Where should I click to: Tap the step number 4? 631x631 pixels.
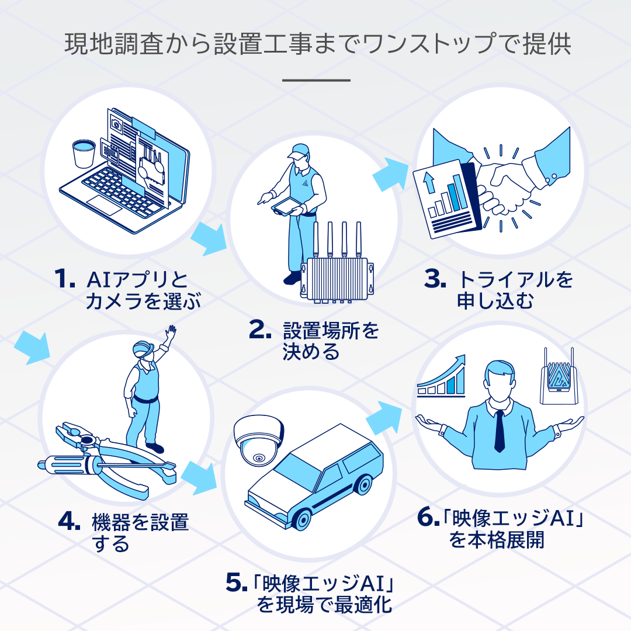click(x=69, y=522)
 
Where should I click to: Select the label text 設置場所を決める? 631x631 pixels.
click(x=331, y=341)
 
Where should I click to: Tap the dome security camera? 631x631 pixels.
click(x=257, y=441)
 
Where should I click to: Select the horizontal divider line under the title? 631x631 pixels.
click(x=315, y=80)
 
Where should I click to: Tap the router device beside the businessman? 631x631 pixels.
click(x=556, y=377)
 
